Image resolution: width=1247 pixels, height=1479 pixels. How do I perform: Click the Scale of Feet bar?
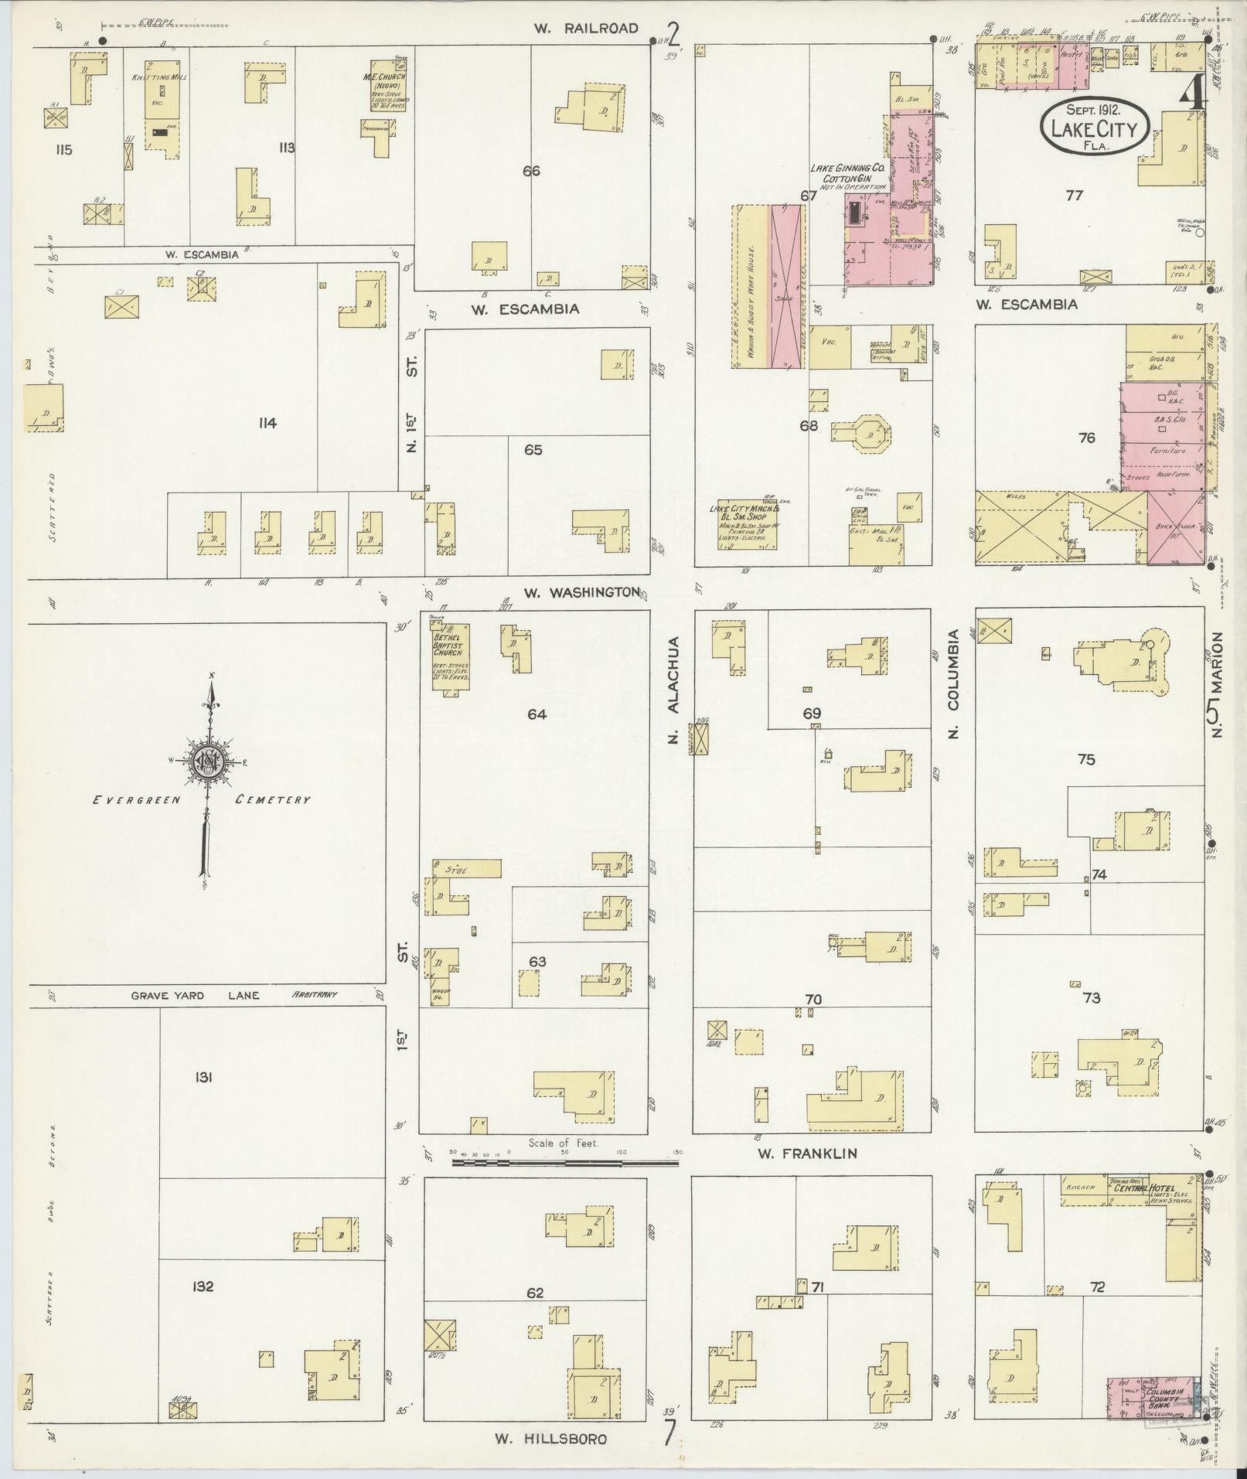click(564, 1161)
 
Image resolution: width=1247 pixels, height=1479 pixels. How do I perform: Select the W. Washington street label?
click(581, 593)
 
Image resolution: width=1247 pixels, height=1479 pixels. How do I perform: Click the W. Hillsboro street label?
click(550, 1439)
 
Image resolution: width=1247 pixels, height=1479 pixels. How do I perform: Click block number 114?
click(268, 423)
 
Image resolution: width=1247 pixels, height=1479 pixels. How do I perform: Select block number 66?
click(530, 171)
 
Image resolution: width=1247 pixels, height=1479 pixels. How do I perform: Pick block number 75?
click(1085, 759)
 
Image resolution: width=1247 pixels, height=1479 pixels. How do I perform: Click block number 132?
click(204, 1287)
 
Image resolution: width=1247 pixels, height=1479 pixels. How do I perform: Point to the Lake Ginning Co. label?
click(847, 168)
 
